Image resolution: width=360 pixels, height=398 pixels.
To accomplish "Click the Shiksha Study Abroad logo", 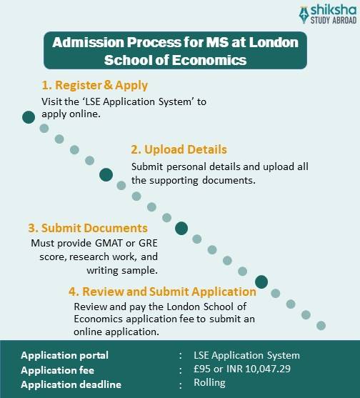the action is (328, 15).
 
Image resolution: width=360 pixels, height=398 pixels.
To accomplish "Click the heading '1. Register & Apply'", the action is (94, 85).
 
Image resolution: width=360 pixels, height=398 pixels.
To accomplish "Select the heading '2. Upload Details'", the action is (179, 149).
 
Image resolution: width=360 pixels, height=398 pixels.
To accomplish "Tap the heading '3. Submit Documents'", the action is (88, 228).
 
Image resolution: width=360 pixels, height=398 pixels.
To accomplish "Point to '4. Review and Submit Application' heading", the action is (162, 292).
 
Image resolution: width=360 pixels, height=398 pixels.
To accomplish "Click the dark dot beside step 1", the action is (29, 117).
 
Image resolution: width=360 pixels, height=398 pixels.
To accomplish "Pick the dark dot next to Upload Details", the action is (106, 174).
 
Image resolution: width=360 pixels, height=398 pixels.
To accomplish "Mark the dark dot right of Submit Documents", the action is (181, 228).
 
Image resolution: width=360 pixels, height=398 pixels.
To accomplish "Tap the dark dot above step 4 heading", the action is (261, 282).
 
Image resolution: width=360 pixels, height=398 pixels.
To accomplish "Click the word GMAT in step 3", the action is (109, 243).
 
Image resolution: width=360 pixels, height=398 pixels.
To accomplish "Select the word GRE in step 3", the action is (148, 243).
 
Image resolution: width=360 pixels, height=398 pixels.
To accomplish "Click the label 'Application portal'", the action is (65, 355).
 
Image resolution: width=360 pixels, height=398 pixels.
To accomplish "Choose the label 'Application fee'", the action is (58, 370).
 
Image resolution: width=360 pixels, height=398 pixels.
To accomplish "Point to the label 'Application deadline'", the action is (71, 385).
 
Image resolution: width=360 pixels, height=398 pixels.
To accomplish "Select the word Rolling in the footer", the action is (209, 382).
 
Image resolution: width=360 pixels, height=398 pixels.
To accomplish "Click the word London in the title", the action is (274, 42).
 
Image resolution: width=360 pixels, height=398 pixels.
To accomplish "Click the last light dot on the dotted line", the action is (321, 325).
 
